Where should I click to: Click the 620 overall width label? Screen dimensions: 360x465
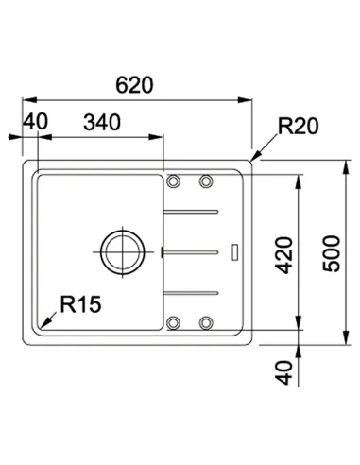tap(134, 85)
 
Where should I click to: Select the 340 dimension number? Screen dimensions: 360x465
tap(102, 122)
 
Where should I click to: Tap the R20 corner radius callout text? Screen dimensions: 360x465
tap(299, 126)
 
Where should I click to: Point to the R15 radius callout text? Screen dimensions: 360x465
tap(80, 304)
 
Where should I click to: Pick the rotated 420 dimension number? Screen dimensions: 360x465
tap(283, 255)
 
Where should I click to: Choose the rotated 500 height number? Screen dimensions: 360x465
tap(332, 253)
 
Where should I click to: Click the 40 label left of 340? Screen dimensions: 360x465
tap(36, 121)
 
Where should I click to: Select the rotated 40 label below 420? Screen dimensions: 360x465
tap(283, 372)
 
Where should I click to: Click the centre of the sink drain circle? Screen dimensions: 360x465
tap(123, 252)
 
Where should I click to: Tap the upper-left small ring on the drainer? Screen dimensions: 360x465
tap(173, 181)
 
